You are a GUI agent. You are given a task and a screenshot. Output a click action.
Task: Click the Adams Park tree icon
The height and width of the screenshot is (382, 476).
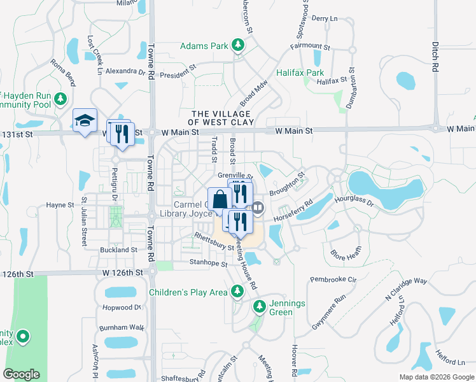click(x=238, y=45)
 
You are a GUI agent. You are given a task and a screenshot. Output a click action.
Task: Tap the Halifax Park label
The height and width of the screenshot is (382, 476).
click(x=300, y=73)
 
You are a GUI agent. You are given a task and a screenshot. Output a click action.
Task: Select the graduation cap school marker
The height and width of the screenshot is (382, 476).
click(x=84, y=120)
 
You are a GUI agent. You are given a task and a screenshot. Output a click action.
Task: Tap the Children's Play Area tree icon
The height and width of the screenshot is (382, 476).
click(x=237, y=292)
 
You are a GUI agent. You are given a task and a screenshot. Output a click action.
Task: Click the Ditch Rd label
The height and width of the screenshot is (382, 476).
click(x=435, y=57)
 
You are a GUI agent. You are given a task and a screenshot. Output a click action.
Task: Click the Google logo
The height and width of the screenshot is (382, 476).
click(x=22, y=374)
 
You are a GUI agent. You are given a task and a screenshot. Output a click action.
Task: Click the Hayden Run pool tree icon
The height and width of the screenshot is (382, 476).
click(x=60, y=99)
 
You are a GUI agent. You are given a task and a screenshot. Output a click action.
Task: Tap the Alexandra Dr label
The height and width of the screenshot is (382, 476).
click(x=125, y=71)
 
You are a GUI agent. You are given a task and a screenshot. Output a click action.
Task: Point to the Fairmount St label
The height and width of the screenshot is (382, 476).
click(x=311, y=47)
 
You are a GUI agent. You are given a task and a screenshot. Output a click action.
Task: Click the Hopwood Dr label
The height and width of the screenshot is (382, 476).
click(x=120, y=308)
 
